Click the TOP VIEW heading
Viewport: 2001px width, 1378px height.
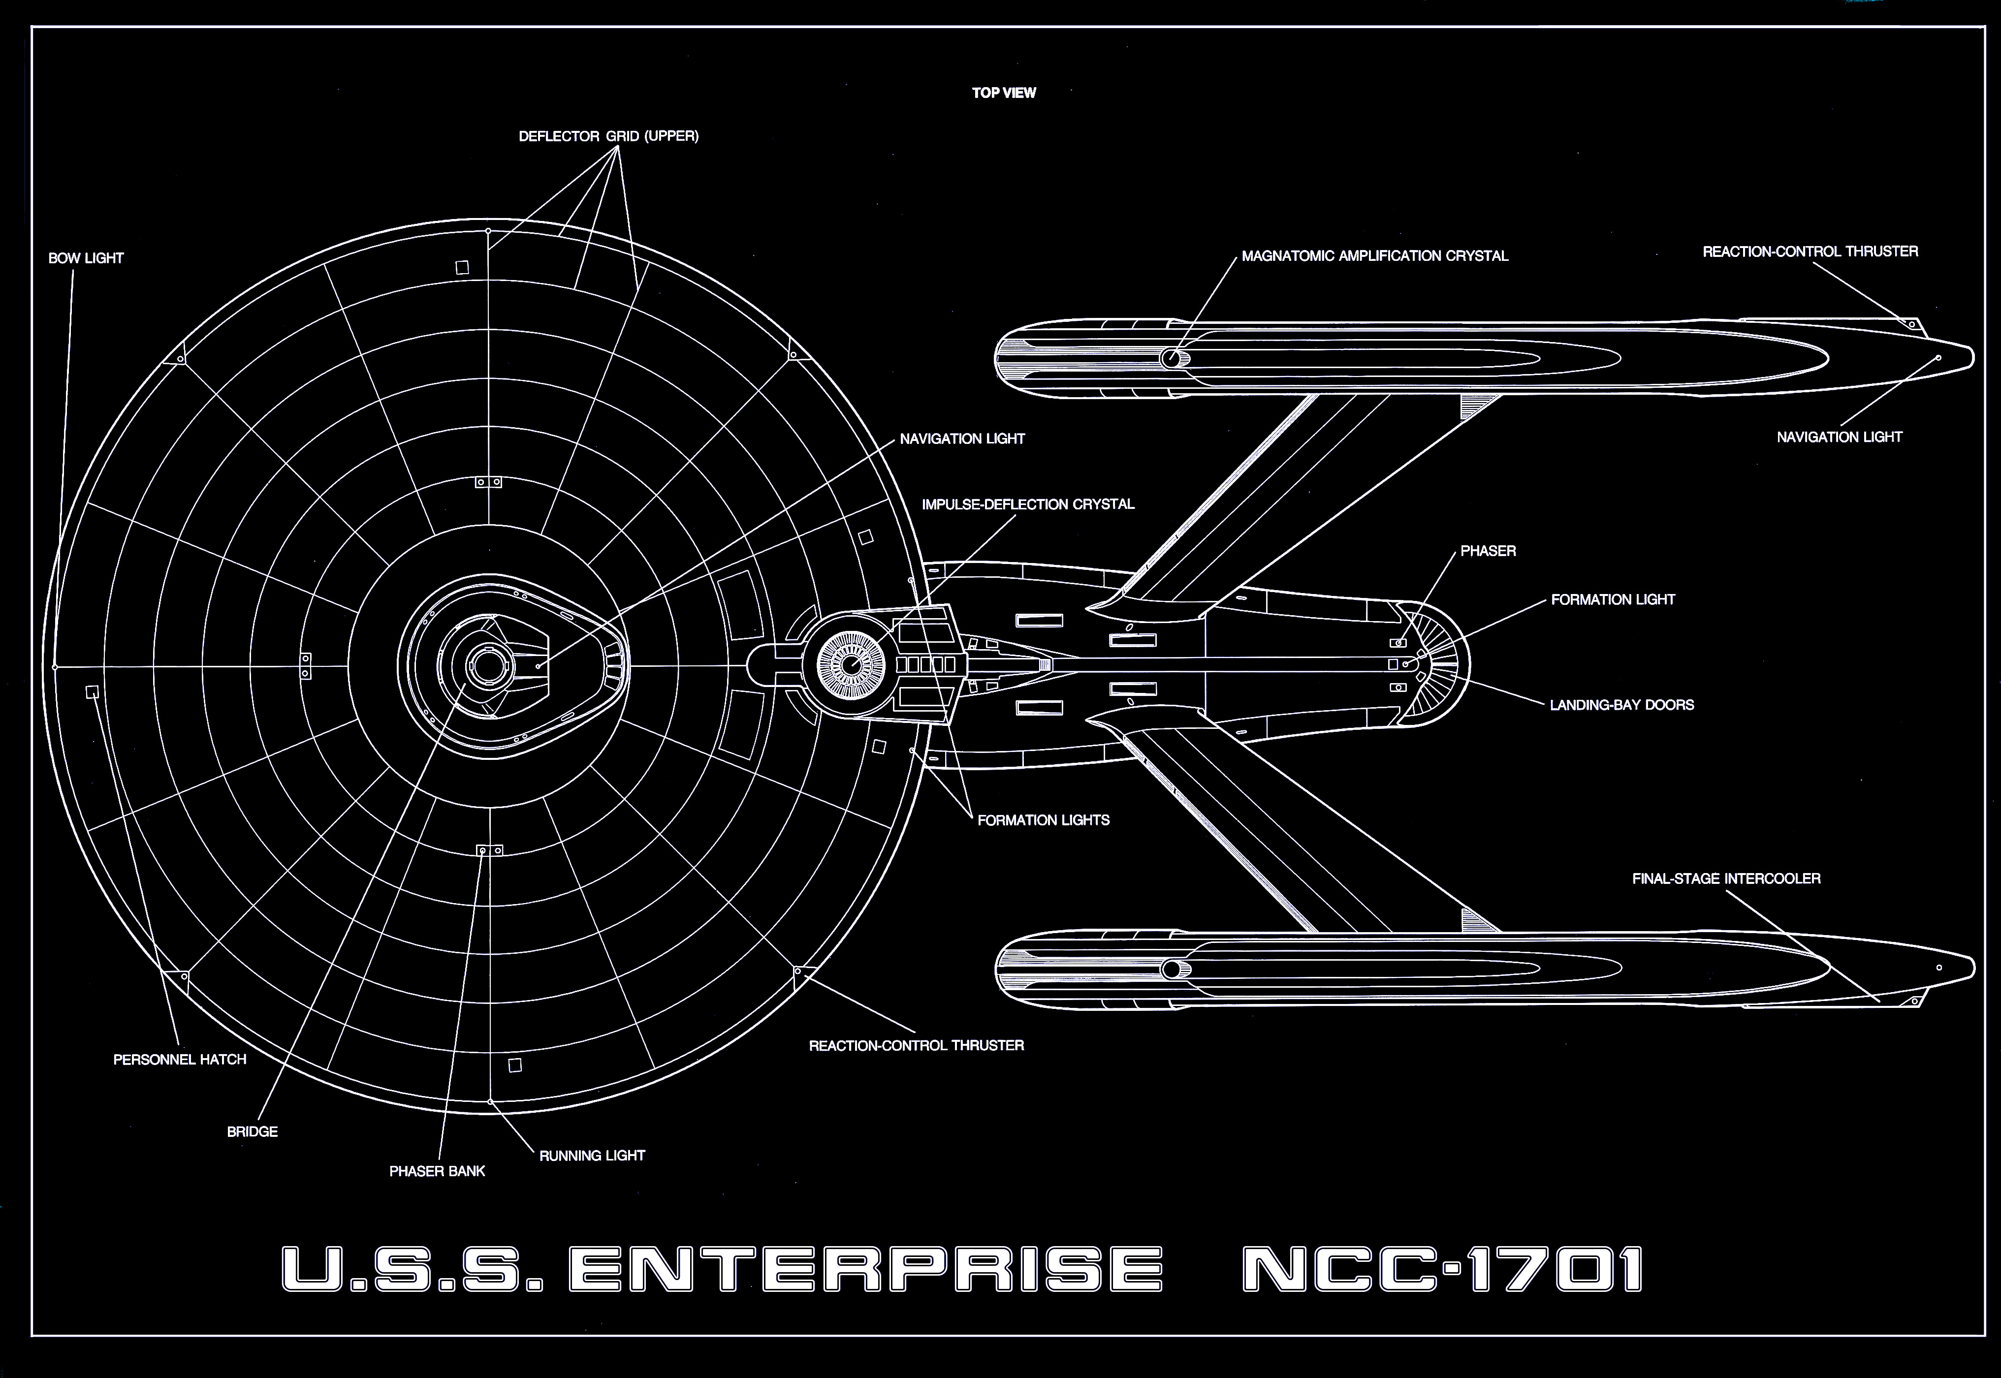pos(1004,93)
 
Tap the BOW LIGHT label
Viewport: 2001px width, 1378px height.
pos(86,258)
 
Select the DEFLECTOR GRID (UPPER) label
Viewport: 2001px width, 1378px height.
pos(609,136)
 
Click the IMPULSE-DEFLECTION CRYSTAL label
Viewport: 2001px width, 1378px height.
pos(1028,504)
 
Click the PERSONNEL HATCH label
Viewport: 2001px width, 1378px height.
pos(180,1060)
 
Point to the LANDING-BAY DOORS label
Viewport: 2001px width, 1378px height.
pos(1622,705)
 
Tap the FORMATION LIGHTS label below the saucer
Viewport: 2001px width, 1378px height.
pos(1043,820)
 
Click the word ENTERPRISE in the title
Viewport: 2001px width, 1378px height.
pos(865,1269)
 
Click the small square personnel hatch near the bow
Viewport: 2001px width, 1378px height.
pos(93,691)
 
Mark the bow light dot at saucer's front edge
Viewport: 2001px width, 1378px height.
pos(55,666)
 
